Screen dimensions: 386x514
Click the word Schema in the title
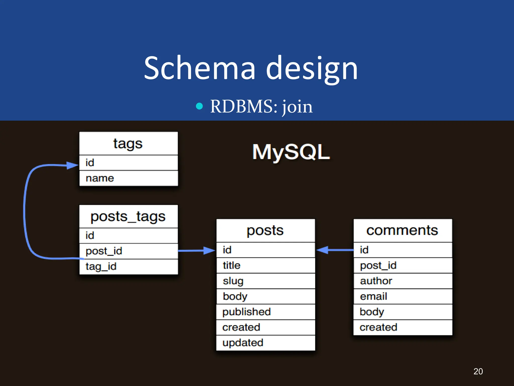(x=200, y=68)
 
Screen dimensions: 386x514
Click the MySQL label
(x=291, y=152)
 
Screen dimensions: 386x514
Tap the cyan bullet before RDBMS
(x=199, y=106)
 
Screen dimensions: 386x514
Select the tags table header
(x=128, y=143)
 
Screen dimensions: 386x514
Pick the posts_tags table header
(x=128, y=217)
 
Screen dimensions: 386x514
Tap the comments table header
(x=402, y=230)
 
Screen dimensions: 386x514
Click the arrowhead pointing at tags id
(x=72, y=165)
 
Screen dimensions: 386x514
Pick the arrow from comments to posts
(x=335, y=250)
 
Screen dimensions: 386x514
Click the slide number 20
(x=478, y=371)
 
